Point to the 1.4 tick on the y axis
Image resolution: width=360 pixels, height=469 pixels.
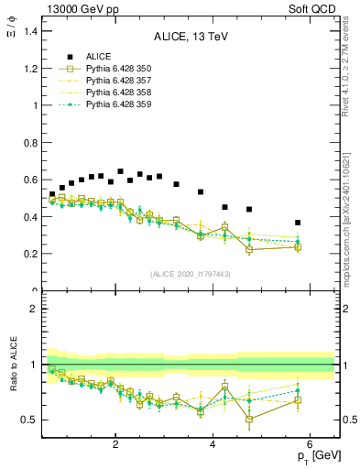click(x=29, y=31)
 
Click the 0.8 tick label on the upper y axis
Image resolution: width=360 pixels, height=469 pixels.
click(x=29, y=142)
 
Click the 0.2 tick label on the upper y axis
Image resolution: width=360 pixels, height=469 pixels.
click(x=29, y=254)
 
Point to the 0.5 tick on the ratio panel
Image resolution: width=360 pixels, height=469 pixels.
click(x=29, y=420)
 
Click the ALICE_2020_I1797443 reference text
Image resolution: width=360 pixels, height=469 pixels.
click(x=191, y=274)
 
